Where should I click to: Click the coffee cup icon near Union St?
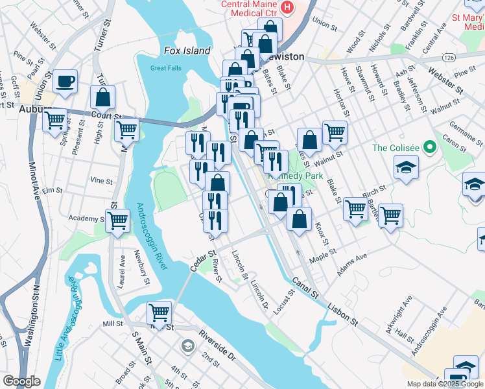65,82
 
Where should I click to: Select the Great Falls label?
164,68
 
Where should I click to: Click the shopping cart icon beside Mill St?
159,313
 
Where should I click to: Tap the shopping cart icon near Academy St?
118,220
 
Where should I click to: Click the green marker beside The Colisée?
429,148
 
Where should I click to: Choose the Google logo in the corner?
21,381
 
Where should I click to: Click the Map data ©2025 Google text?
445,384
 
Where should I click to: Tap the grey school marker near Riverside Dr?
188,344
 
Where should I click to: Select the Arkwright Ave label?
398,315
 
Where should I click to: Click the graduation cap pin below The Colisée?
406,168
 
